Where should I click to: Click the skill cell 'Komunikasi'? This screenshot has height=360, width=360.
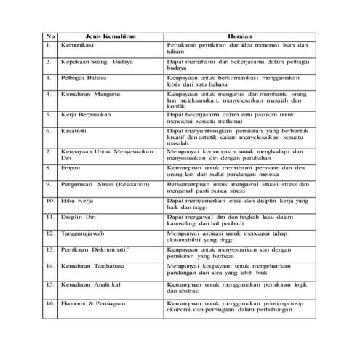pyautogui.click(x=81, y=45)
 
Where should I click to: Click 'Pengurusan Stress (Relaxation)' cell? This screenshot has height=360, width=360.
pyautogui.click(x=106, y=185)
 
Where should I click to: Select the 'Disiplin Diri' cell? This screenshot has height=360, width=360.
pyautogui.click(x=82, y=217)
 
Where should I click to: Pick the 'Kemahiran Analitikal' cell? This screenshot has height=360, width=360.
pyautogui.click(x=92, y=284)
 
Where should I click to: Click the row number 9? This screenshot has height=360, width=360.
pyautogui.click(x=48, y=185)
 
